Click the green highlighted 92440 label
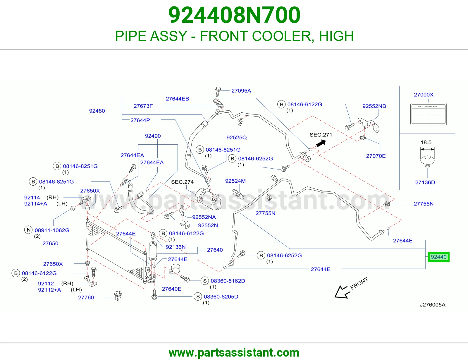[x=438, y=257]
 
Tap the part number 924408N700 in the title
[x=234, y=15]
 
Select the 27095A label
[x=241, y=91]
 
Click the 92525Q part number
[x=236, y=138]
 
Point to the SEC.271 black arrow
[x=321, y=143]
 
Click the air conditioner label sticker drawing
[x=429, y=114]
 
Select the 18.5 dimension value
[x=426, y=142]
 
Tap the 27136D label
[x=425, y=182]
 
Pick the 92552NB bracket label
[x=374, y=106]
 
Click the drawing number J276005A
[x=433, y=304]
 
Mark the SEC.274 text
[x=182, y=182]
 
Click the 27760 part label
[x=86, y=297]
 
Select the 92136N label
[x=175, y=247]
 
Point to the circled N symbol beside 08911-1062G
[x=28, y=230]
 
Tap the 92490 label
[x=153, y=136]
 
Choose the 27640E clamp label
[x=171, y=289]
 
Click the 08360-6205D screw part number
[x=221, y=297]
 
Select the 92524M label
[x=235, y=181]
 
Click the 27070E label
[x=376, y=156]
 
